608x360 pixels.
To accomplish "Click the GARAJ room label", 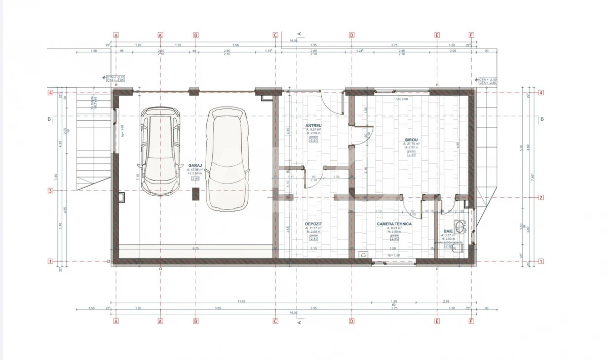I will [195, 165].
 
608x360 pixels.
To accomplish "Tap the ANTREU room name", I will [314, 125].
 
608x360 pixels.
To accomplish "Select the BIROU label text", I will [411, 139].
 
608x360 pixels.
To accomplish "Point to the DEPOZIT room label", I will [314, 224].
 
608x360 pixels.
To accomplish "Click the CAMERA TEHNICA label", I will [394, 224].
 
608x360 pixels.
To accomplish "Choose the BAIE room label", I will [448, 231].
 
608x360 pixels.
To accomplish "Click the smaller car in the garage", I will [160, 151].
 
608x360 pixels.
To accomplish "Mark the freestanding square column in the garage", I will [196, 195].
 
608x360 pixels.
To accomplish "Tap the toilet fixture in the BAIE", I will [460, 226].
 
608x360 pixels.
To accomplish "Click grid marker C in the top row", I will [275, 35].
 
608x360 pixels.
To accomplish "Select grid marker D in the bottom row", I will [352, 321].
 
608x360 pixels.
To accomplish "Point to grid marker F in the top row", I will [471, 35].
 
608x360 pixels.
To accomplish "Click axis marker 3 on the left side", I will [50, 191].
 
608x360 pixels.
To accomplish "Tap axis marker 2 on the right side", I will [541, 198].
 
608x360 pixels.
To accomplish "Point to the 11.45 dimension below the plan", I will [241, 302].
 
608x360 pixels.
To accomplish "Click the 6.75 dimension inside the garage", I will [195, 248].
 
